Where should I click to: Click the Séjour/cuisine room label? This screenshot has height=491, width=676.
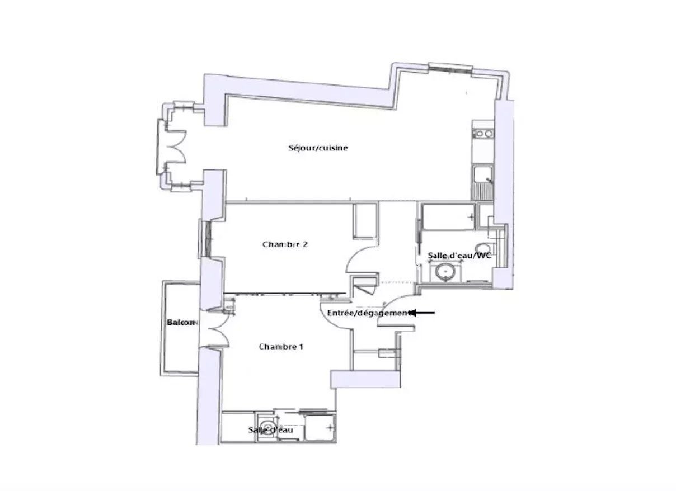(318, 148)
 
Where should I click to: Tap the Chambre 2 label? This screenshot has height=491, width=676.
(285, 244)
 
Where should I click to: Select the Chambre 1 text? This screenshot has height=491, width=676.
(281, 347)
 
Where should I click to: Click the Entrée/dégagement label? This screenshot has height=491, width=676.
(369, 313)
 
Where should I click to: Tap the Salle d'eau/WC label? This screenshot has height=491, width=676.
(459, 256)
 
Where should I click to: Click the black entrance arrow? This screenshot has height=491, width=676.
(423, 313)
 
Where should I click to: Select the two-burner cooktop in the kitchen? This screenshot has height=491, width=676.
(483, 133)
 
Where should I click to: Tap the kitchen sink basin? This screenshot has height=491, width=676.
(482, 174)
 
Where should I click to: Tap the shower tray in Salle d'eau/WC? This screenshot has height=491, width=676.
(448, 217)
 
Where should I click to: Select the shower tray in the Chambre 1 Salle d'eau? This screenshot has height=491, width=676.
(320, 428)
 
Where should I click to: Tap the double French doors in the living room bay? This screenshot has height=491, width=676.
(176, 148)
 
